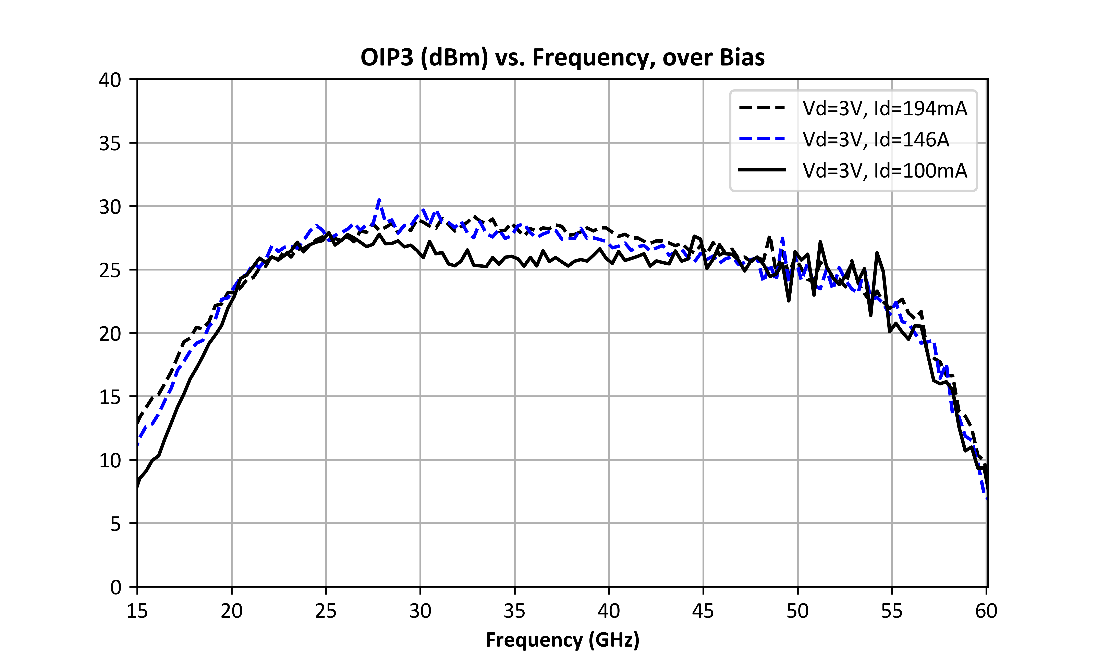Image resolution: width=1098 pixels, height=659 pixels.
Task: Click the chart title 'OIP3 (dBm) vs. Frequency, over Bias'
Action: tap(562, 57)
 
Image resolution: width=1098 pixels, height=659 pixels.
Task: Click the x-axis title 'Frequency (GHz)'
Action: tap(562, 640)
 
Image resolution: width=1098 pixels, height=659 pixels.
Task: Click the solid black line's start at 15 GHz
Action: tap(138, 487)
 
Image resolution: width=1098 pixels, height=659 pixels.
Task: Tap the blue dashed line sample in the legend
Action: tap(762, 139)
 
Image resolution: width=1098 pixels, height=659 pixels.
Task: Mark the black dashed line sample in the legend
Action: tap(762, 108)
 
